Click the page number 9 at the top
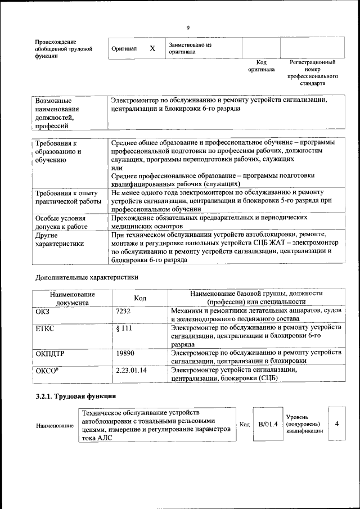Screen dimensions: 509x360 coord(188,28)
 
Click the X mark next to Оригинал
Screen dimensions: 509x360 coord(152,48)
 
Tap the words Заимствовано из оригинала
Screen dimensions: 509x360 coord(190,48)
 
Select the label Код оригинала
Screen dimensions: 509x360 coord(261,66)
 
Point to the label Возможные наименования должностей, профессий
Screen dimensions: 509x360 coord(57,113)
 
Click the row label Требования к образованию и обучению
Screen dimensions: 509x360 coord(58,152)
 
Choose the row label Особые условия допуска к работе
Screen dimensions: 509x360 coord(60,222)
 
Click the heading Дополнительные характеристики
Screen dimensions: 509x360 coord(86,277)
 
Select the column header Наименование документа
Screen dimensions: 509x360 coord(72,298)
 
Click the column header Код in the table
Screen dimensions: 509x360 coord(141,298)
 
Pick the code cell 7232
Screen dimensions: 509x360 coord(123,310)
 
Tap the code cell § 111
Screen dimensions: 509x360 coord(124,328)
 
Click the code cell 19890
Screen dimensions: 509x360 coord(125,353)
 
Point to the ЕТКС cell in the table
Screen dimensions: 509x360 coord(44,328)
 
